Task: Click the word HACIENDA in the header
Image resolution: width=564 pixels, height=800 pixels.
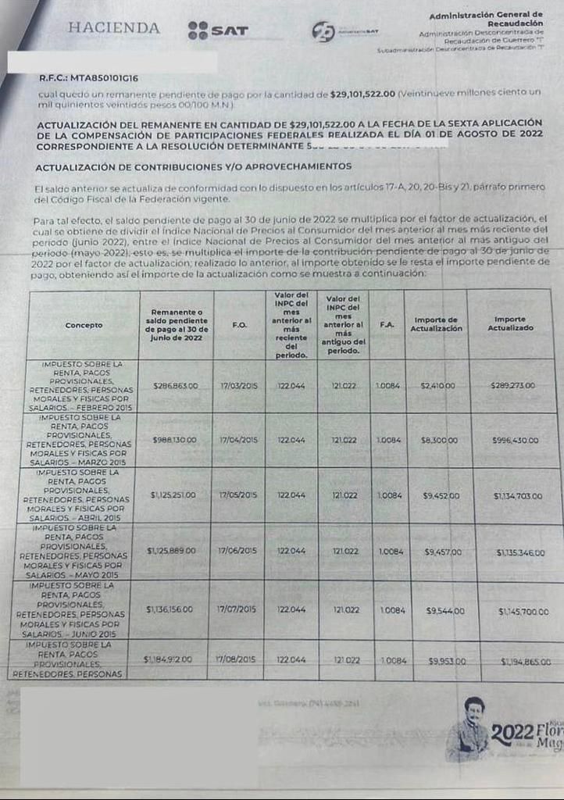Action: pos(114,28)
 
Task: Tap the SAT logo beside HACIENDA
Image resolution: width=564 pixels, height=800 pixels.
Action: pos(218,30)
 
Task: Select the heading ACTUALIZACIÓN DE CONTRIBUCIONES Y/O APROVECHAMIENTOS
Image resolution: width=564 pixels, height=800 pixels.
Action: pos(193,166)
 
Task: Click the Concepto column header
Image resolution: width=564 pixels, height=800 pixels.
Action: pos(84,325)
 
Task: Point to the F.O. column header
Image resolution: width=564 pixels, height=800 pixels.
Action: pos(240,324)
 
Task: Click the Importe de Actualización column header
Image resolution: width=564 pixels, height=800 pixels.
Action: pos(437,324)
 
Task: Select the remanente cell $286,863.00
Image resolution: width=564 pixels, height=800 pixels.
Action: pos(175,386)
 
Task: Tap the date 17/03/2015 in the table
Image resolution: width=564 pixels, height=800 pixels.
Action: pos(238,386)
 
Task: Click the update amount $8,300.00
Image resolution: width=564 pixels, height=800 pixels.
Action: pos(439,441)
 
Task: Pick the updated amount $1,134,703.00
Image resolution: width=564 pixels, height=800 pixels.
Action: pos(518,496)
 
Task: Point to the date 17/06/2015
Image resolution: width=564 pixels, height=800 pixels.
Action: pos(238,551)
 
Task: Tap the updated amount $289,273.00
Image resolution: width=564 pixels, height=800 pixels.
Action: pos(512,386)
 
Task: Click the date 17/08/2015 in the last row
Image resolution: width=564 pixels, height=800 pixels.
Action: pos(236,660)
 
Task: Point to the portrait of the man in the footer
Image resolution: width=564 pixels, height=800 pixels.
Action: pos(469,727)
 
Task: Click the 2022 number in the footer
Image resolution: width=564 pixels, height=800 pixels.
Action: pos(512,734)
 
